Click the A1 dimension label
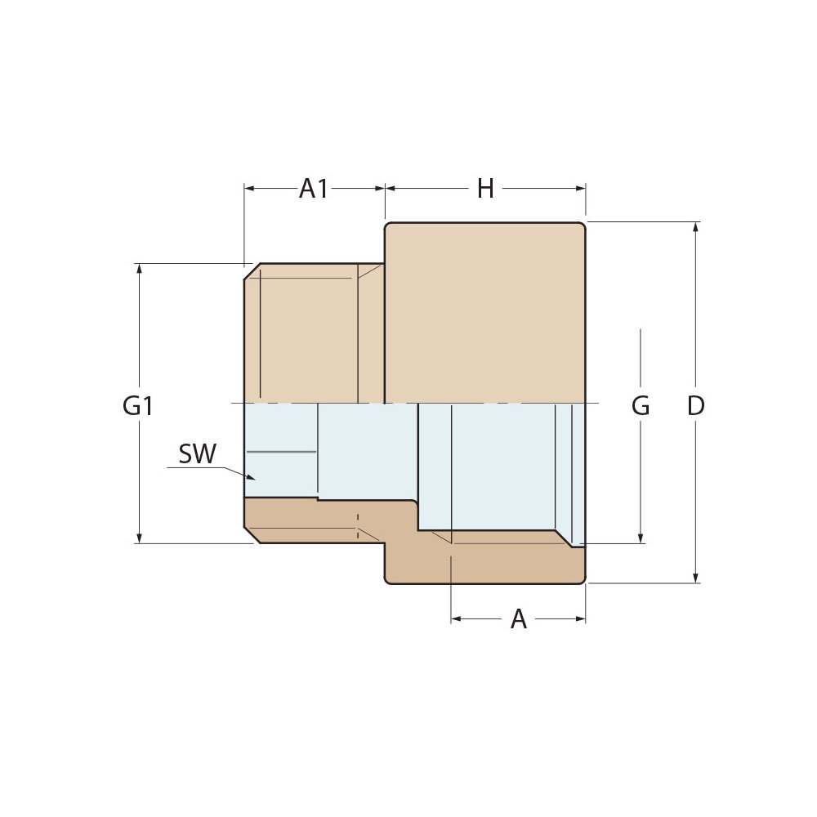(x=314, y=189)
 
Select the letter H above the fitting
(x=485, y=189)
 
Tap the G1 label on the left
(x=138, y=406)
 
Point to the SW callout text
(x=197, y=454)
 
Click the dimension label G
(x=641, y=406)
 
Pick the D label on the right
(x=695, y=406)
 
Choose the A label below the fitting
(x=519, y=619)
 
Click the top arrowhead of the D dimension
(x=695, y=228)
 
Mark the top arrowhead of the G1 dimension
(x=140, y=269)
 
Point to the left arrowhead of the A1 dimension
(x=250, y=189)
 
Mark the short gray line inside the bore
(x=281, y=451)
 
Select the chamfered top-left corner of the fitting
(x=252, y=271)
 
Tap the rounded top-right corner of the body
(x=583, y=225)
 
